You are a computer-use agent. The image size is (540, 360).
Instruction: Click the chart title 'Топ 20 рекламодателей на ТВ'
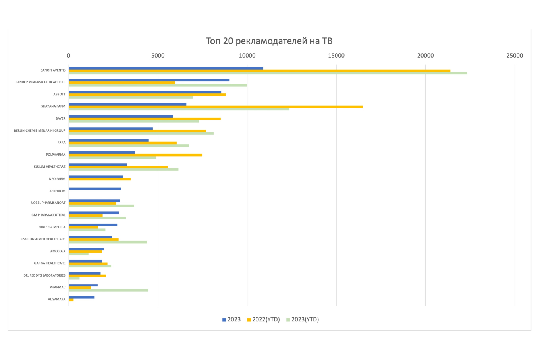point(269,41)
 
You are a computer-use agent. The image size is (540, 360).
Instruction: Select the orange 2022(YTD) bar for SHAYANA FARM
point(216,106)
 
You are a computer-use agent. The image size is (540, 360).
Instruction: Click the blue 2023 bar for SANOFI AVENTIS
point(166,68)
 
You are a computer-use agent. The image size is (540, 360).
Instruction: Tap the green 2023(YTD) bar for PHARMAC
point(108,290)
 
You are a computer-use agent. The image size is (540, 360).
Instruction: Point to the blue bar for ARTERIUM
point(95,189)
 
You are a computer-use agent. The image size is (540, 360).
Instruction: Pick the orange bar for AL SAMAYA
point(71,300)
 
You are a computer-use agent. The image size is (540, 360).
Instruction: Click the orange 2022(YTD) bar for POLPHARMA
point(136,155)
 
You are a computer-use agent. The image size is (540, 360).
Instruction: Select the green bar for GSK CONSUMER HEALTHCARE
point(108,242)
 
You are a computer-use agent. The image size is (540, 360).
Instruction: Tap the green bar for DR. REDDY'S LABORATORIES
point(74,278)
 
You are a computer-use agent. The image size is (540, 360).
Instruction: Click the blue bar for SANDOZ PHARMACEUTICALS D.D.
point(149,80)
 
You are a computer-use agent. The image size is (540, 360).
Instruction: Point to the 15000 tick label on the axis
point(336,56)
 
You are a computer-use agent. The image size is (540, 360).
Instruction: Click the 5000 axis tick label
point(158,56)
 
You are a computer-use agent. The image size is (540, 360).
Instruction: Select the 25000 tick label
point(515,56)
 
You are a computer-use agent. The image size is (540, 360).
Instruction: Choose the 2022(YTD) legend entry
point(264,319)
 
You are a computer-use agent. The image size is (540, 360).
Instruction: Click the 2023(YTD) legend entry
point(303,319)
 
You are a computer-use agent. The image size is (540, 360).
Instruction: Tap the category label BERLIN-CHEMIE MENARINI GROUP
point(40,131)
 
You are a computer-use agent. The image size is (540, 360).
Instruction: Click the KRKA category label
point(61,143)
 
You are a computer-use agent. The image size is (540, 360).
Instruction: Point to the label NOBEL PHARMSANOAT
point(48,203)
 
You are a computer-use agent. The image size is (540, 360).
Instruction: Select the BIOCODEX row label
point(57,251)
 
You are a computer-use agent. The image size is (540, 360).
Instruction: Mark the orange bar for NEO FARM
point(100,179)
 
